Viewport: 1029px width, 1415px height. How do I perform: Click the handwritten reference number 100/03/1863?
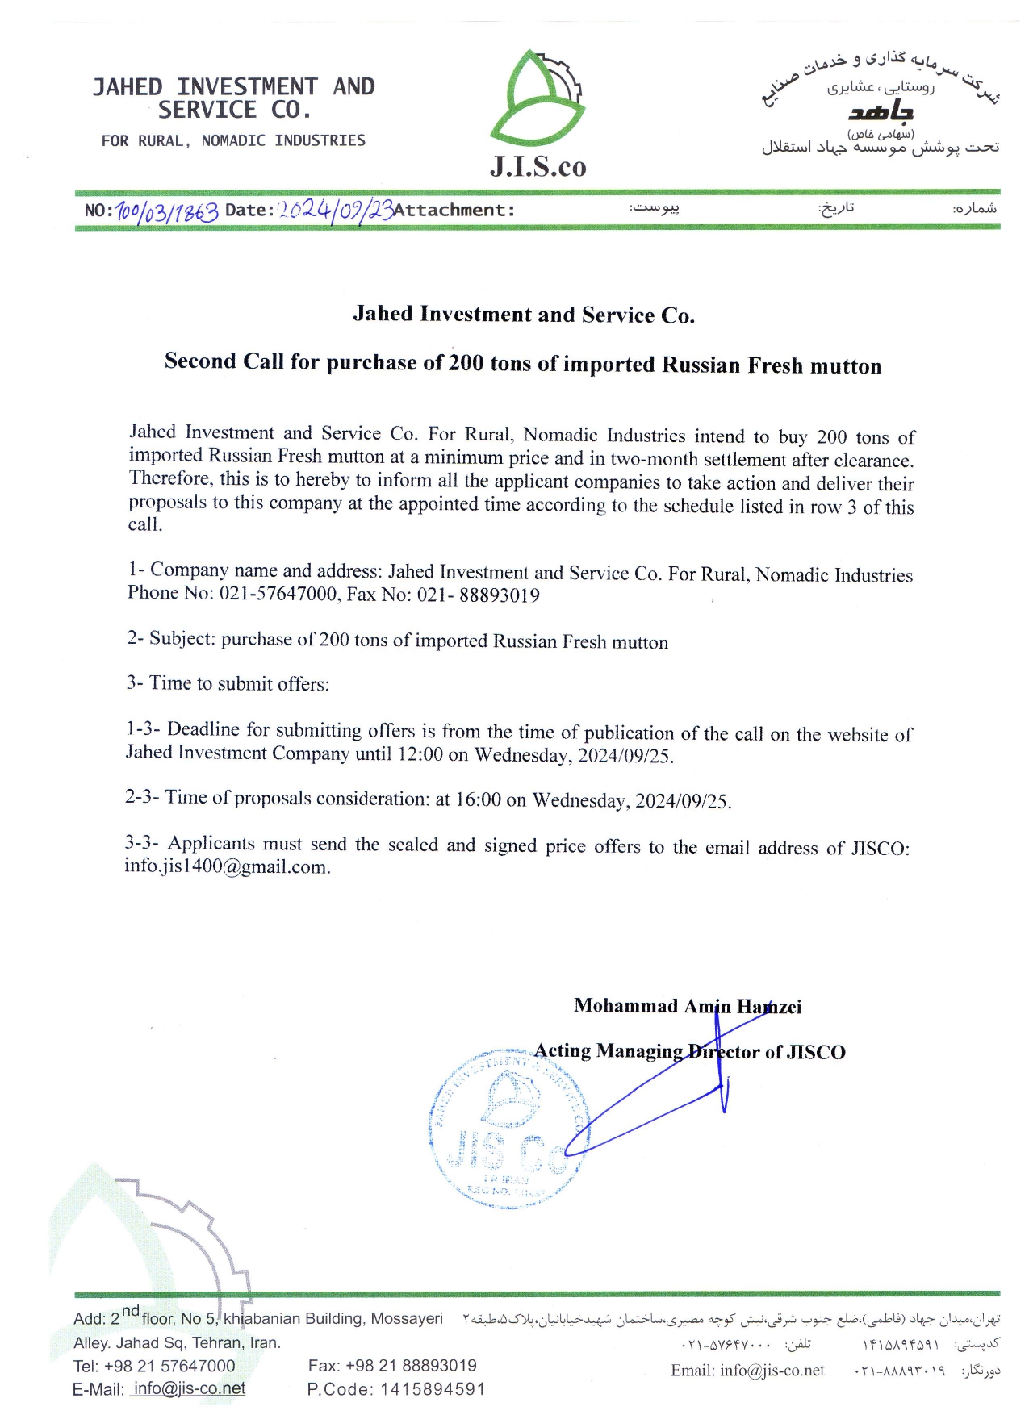point(167,211)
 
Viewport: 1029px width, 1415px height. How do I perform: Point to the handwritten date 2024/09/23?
point(335,210)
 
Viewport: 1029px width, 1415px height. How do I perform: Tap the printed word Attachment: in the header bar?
point(454,211)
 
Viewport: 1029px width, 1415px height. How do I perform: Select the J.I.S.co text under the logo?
point(538,166)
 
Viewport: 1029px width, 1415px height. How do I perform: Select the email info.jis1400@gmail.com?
point(227,867)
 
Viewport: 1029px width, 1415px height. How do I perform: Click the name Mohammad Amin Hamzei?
point(688,1006)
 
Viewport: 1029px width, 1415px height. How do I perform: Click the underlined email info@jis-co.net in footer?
point(189,1388)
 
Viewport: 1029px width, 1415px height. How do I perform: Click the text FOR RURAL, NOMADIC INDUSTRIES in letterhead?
point(233,141)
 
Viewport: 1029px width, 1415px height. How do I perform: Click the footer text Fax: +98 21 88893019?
point(392,1365)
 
